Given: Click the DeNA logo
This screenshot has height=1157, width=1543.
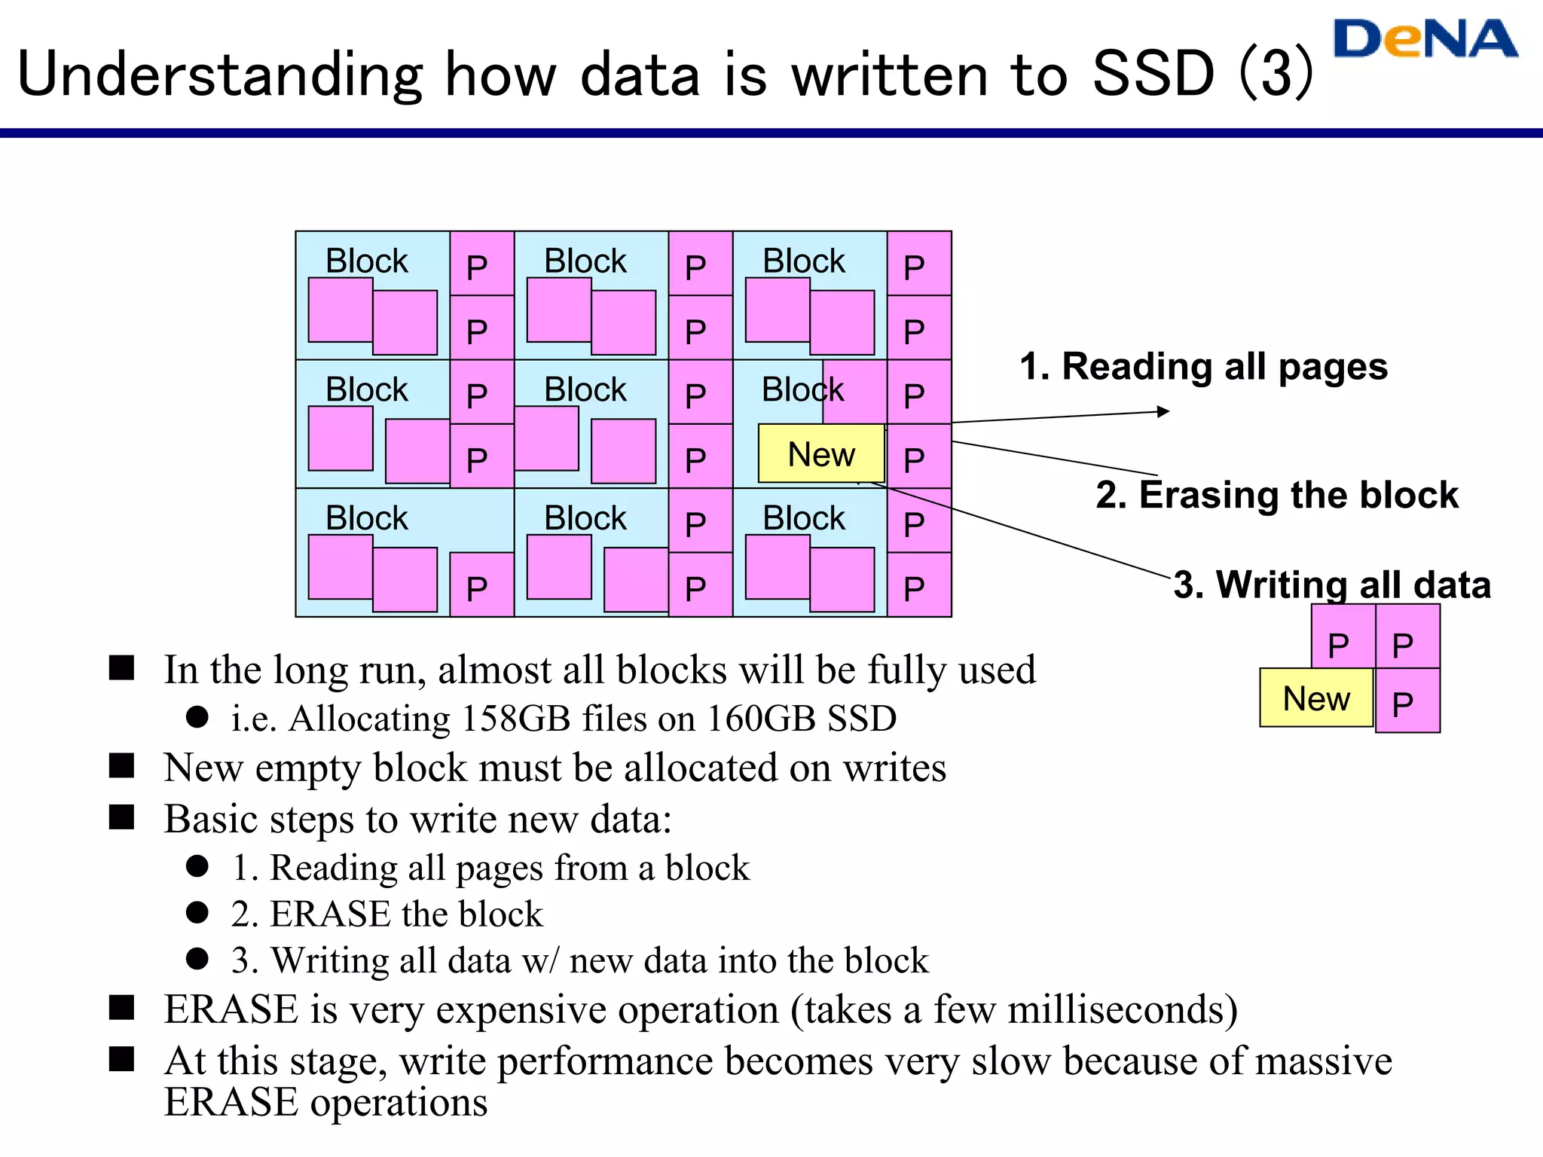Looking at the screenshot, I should (1425, 39).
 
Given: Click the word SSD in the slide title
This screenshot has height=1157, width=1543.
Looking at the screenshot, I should (1153, 74).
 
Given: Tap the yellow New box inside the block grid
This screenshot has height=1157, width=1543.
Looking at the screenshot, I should (821, 454).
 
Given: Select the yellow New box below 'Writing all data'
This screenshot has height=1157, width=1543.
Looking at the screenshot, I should (1316, 698).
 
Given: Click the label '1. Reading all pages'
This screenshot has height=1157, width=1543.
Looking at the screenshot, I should (1203, 367).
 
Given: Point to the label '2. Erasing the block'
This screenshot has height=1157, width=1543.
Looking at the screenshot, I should (1277, 495).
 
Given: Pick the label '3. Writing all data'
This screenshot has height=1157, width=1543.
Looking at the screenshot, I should (1332, 585).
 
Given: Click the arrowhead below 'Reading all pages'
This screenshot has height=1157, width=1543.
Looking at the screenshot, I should (1163, 411).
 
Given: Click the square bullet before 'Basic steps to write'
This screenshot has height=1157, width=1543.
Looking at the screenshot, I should (121, 817).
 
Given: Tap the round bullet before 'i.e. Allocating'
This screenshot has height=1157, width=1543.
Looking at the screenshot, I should (197, 717).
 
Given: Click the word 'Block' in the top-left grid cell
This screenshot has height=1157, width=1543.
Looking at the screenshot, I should (366, 261).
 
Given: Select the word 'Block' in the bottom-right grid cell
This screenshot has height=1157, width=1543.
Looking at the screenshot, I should (803, 518).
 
